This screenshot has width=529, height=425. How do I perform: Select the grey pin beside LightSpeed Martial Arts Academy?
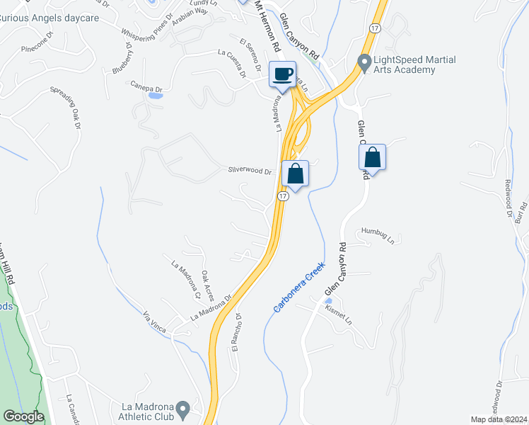pos(365,64)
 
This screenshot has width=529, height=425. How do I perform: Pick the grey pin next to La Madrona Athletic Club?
pos(183,409)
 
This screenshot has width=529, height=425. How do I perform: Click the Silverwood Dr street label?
pos(250,171)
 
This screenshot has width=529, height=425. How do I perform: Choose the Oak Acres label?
pos(207,285)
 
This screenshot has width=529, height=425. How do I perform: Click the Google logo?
pos(23,417)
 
